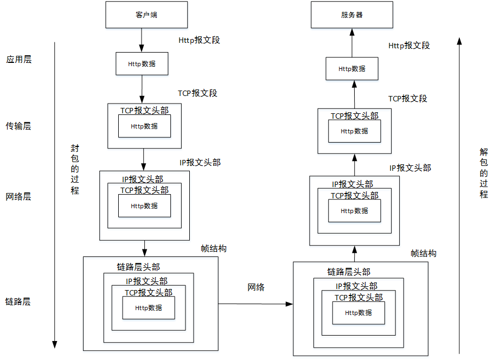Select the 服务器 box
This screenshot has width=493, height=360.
352,15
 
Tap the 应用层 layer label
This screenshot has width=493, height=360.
18,59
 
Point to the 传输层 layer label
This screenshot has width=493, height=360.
18,126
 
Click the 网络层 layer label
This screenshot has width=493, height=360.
18,196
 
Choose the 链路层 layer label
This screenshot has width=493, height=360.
18,301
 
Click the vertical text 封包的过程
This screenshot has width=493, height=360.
75,169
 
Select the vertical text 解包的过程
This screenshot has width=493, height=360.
484,173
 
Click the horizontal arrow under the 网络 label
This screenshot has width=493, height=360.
255,304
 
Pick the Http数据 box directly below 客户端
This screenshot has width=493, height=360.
142,63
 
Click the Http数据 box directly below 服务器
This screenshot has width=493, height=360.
352,69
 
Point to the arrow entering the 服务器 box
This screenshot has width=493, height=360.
352,42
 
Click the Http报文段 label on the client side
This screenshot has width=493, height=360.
199,40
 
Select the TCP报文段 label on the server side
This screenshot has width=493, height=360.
408,99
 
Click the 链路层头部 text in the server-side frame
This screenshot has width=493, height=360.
349,272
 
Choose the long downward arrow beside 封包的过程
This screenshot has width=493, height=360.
54,195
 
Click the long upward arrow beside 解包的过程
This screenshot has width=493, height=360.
459,195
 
